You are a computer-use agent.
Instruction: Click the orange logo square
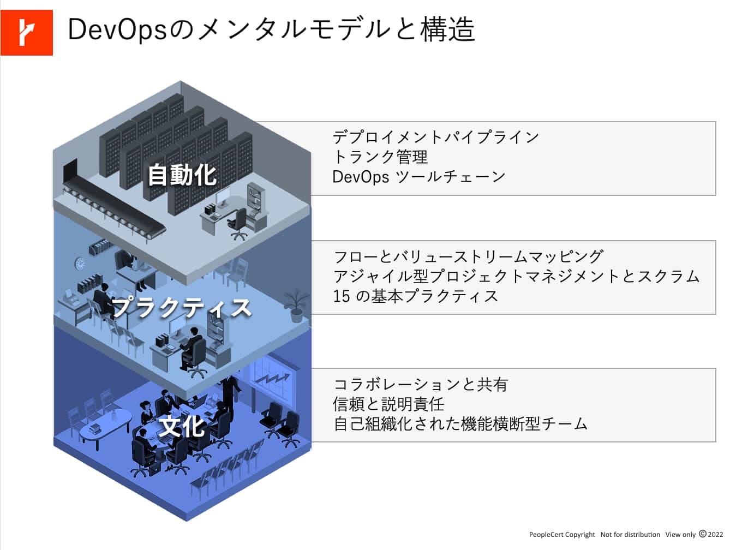26,32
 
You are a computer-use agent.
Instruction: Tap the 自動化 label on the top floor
182,175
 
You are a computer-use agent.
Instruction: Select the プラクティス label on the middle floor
182,307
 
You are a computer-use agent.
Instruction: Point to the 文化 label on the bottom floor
182,426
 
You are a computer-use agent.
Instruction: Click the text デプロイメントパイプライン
435,137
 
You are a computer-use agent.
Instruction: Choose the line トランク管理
380,157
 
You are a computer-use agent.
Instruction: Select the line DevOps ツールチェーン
419,177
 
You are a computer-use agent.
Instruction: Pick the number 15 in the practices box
341,296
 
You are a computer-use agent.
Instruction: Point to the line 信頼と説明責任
388,404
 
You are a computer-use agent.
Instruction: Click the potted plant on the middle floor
296,306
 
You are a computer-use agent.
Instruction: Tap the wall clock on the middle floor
80,264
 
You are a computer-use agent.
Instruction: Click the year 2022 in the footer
715,534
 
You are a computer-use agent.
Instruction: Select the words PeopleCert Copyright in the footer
562,535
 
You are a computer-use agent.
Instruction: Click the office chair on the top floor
238,224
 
